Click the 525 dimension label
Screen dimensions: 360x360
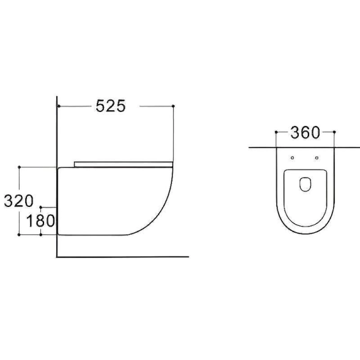[x=111, y=106]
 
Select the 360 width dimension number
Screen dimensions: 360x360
[x=305, y=132]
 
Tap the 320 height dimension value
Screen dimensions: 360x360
[x=18, y=201]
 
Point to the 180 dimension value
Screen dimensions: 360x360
[x=40, y=220]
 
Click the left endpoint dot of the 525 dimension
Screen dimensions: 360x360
[x=59, y=106]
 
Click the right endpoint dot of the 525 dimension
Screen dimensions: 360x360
[x=173, y=106]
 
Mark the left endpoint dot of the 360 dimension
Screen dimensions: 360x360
[x=276, y=132]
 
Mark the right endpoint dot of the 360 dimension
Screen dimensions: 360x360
[x=334, y=132]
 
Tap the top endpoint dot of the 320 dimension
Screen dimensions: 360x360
[x=20, y=167]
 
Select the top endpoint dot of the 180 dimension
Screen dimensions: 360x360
[x=41, y=208]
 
